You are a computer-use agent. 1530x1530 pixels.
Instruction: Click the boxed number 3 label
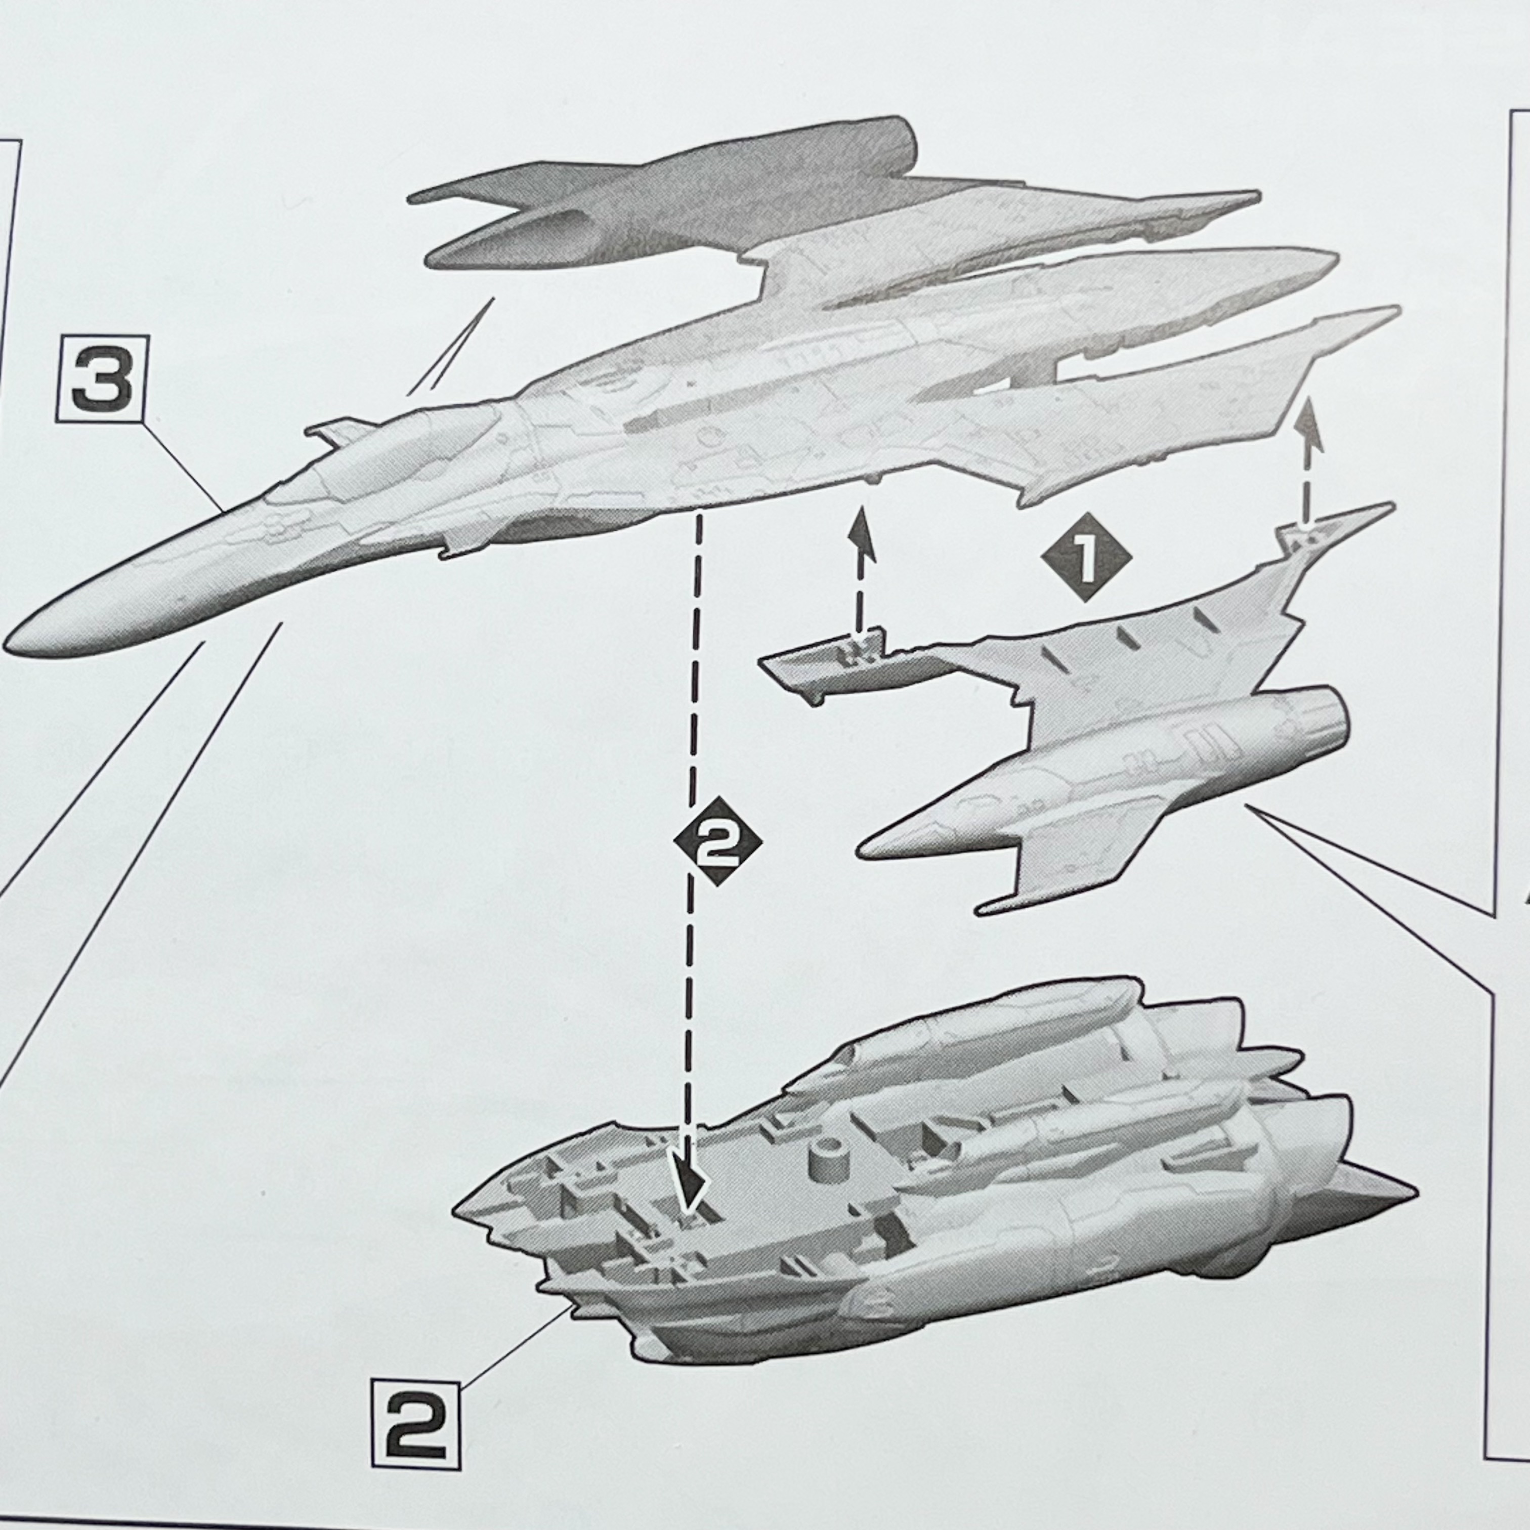[101, 378]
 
